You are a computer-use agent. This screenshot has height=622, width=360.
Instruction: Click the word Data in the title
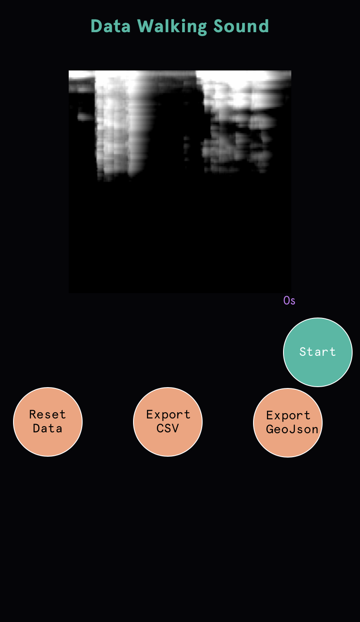pyautogui.click(x=110, y=27)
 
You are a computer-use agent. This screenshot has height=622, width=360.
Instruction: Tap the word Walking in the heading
pyautogui.click(x=172, y=27)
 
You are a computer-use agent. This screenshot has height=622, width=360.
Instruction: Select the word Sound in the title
pyautogui.click(x=241, y=27)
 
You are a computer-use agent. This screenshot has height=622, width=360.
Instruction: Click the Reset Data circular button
pyautogui.click(x=48, y=422)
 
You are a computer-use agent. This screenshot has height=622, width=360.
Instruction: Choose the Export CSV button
pyautogui.click(x=168, y=422)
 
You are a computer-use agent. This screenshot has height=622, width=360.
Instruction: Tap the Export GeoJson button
pyautogui.click(x=288, y=423)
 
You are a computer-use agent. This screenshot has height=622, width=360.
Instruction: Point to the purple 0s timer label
pyautogui.click(x=289, y=301)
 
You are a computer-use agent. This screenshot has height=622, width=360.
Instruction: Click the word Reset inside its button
pyautogui.click(x=47, y=415)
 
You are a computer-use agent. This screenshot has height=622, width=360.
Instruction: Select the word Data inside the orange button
pyautogui.click(x=47, y=428)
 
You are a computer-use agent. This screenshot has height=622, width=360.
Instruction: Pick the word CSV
pyautogui.click(x=168, y=428)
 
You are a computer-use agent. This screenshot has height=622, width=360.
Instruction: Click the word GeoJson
pyautogui.click(x=292, y=429)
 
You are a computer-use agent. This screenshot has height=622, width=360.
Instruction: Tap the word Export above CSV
pyautogui.click(x=168, y=415)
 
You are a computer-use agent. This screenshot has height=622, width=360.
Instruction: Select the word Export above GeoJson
pyautogui.click(x=288, y=415)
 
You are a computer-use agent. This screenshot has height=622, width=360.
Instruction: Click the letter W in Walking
pyautogui.click(x=146, y=27)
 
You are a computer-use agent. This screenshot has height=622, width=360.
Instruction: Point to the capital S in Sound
pyautogui.click(x=219, y=27)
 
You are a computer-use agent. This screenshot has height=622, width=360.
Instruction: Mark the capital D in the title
pyautogui.click(x=96, y=27)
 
